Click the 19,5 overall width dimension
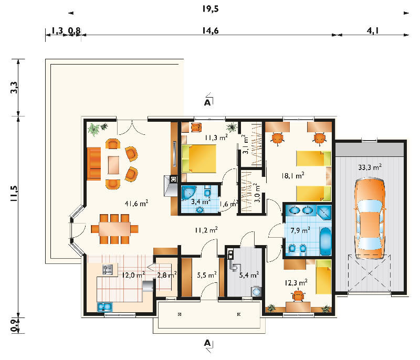click(x=211, y=9)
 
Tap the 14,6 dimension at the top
click(x=211, y=31)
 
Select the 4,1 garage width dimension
click(x=373, y=31)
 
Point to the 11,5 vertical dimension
click(x=14, y=194)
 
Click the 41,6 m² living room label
click(x=136, y=204)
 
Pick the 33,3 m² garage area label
click(x=370, y=167)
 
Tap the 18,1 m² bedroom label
click(x=292, y=176)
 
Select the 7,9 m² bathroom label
click(x=300, y=230)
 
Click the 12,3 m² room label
click(x=296, y=282)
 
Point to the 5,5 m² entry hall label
click(x=206, y=275)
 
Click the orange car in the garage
click(x=370, y=219)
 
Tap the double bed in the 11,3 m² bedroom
click(x=199, y=158)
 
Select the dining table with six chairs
click(x=114, y=229)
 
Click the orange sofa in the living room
click(x=94, y=164)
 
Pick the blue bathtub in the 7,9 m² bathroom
click(x=325, y=241)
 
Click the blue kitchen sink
click(x=105, y=307)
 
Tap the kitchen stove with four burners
click(x=108, y=269)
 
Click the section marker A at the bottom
click(x=207, y=343)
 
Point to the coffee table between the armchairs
click(x=113, y=165)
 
